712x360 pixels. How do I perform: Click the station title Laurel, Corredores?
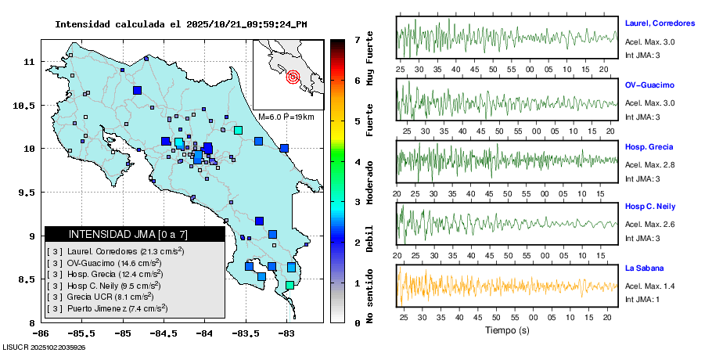660,22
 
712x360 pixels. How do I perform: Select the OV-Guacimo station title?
649,85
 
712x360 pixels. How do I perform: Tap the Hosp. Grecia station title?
649,147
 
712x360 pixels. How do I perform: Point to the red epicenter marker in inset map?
293,77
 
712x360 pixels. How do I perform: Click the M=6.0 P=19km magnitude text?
286,117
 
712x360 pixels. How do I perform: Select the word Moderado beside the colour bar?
369,182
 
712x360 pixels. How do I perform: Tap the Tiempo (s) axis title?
507,330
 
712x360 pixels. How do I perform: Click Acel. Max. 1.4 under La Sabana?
649,286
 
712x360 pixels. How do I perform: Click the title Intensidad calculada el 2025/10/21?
181,24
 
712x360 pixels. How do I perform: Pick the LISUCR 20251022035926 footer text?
45,347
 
